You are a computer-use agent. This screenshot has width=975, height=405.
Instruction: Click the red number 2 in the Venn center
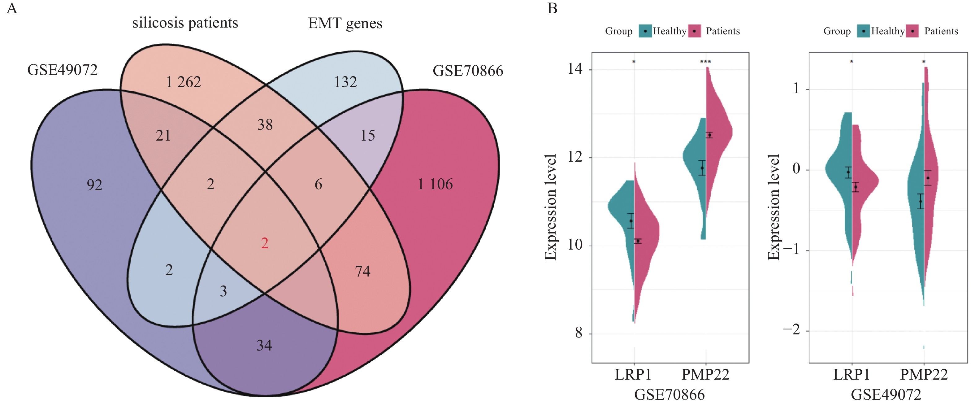265,243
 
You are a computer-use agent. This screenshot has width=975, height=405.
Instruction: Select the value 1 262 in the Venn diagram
183,82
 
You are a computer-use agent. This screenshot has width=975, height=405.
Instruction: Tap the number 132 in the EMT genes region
345,82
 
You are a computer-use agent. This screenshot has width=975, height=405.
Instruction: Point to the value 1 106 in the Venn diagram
435,184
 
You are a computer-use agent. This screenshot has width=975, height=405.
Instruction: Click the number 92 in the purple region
94,185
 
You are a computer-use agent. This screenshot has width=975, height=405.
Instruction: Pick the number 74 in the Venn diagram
362,271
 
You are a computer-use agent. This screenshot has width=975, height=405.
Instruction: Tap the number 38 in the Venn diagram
265,124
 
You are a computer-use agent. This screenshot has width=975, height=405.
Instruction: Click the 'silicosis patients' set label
185,23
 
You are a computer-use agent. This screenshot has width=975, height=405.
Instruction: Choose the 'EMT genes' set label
345,23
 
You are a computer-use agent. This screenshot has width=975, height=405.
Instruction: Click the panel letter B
552,8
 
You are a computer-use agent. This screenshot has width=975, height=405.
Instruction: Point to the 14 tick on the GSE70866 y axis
575,69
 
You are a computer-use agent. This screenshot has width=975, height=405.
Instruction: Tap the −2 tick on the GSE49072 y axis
791,330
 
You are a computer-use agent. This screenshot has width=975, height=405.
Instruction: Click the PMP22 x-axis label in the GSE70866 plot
705,374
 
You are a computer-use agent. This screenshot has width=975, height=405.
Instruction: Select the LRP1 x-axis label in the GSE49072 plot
851,374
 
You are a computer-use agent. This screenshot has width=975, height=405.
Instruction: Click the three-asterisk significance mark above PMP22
705,62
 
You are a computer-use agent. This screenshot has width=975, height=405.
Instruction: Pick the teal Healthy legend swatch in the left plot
645,31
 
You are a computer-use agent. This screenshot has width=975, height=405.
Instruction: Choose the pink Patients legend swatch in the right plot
912,31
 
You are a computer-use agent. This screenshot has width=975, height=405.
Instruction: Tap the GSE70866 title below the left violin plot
669,394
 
